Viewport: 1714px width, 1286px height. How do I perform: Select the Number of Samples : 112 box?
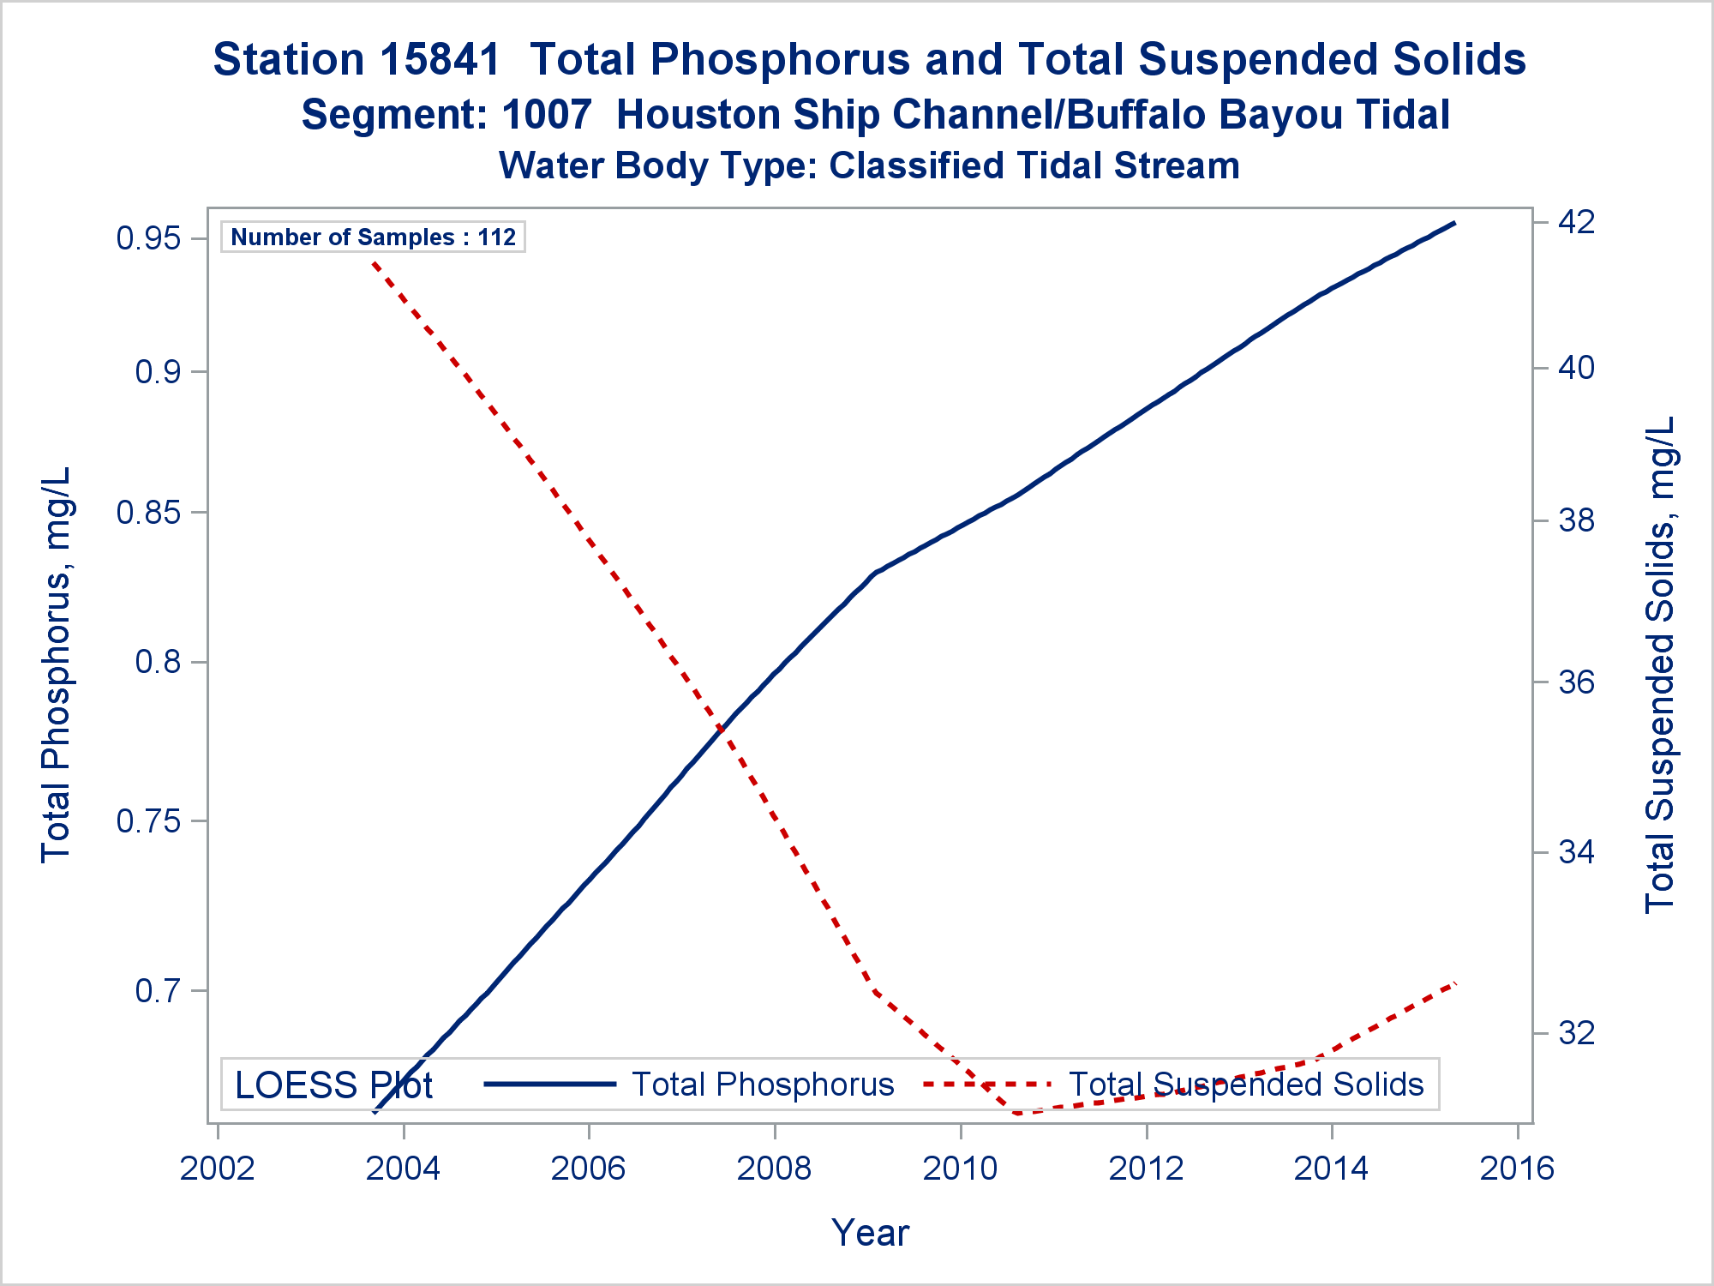coord(373,237)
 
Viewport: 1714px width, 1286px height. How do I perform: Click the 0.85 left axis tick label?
coord(148,513)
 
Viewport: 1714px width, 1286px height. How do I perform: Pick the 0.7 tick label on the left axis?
coord(159,991)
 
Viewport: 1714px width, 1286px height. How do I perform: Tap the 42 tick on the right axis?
coord(1576,222)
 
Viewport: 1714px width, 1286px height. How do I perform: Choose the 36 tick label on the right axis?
coord(1576,682)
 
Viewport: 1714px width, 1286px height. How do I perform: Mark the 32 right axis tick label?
coord(1576,1033)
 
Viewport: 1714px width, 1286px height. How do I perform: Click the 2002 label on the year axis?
coord(218,1169)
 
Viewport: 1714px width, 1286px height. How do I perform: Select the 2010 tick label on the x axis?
coord(960,1169)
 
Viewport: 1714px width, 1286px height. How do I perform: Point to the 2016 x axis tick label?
coord(1517,1169)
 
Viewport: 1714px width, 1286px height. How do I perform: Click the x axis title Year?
coord(870,1233)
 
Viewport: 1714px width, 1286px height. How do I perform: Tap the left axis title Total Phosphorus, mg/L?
coord(56,664)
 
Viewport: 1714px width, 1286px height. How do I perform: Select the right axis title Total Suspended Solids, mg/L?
coord(1659,664)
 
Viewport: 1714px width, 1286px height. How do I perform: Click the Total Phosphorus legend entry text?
coord(763,1085)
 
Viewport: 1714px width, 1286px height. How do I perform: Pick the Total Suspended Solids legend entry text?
coord(1245,1085)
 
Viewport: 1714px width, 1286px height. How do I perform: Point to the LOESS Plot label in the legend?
coord(333,1085)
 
